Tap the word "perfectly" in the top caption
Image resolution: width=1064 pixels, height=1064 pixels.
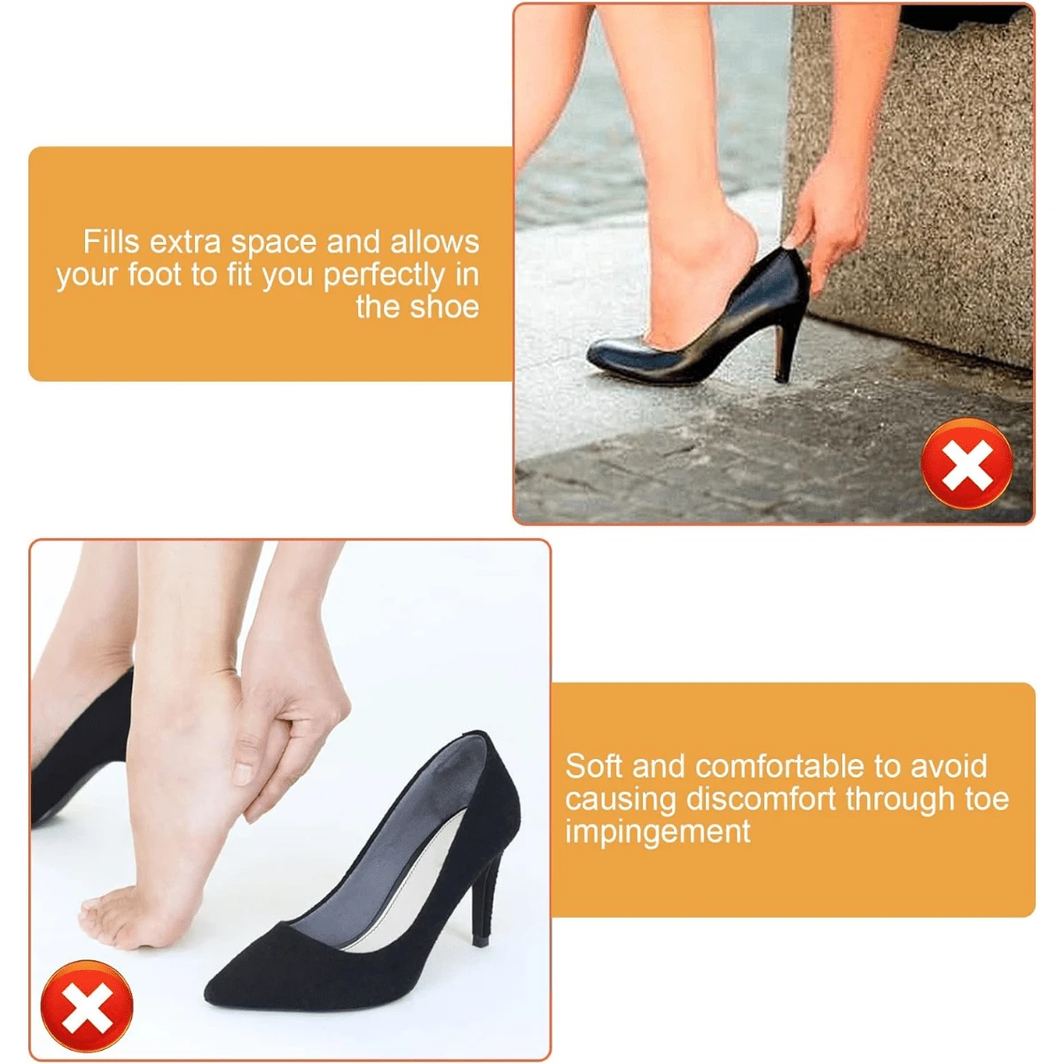383,276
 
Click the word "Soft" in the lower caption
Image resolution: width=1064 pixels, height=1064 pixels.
594,766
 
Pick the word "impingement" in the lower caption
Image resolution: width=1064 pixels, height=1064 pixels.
658,831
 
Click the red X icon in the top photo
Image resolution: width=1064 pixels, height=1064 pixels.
966,463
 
